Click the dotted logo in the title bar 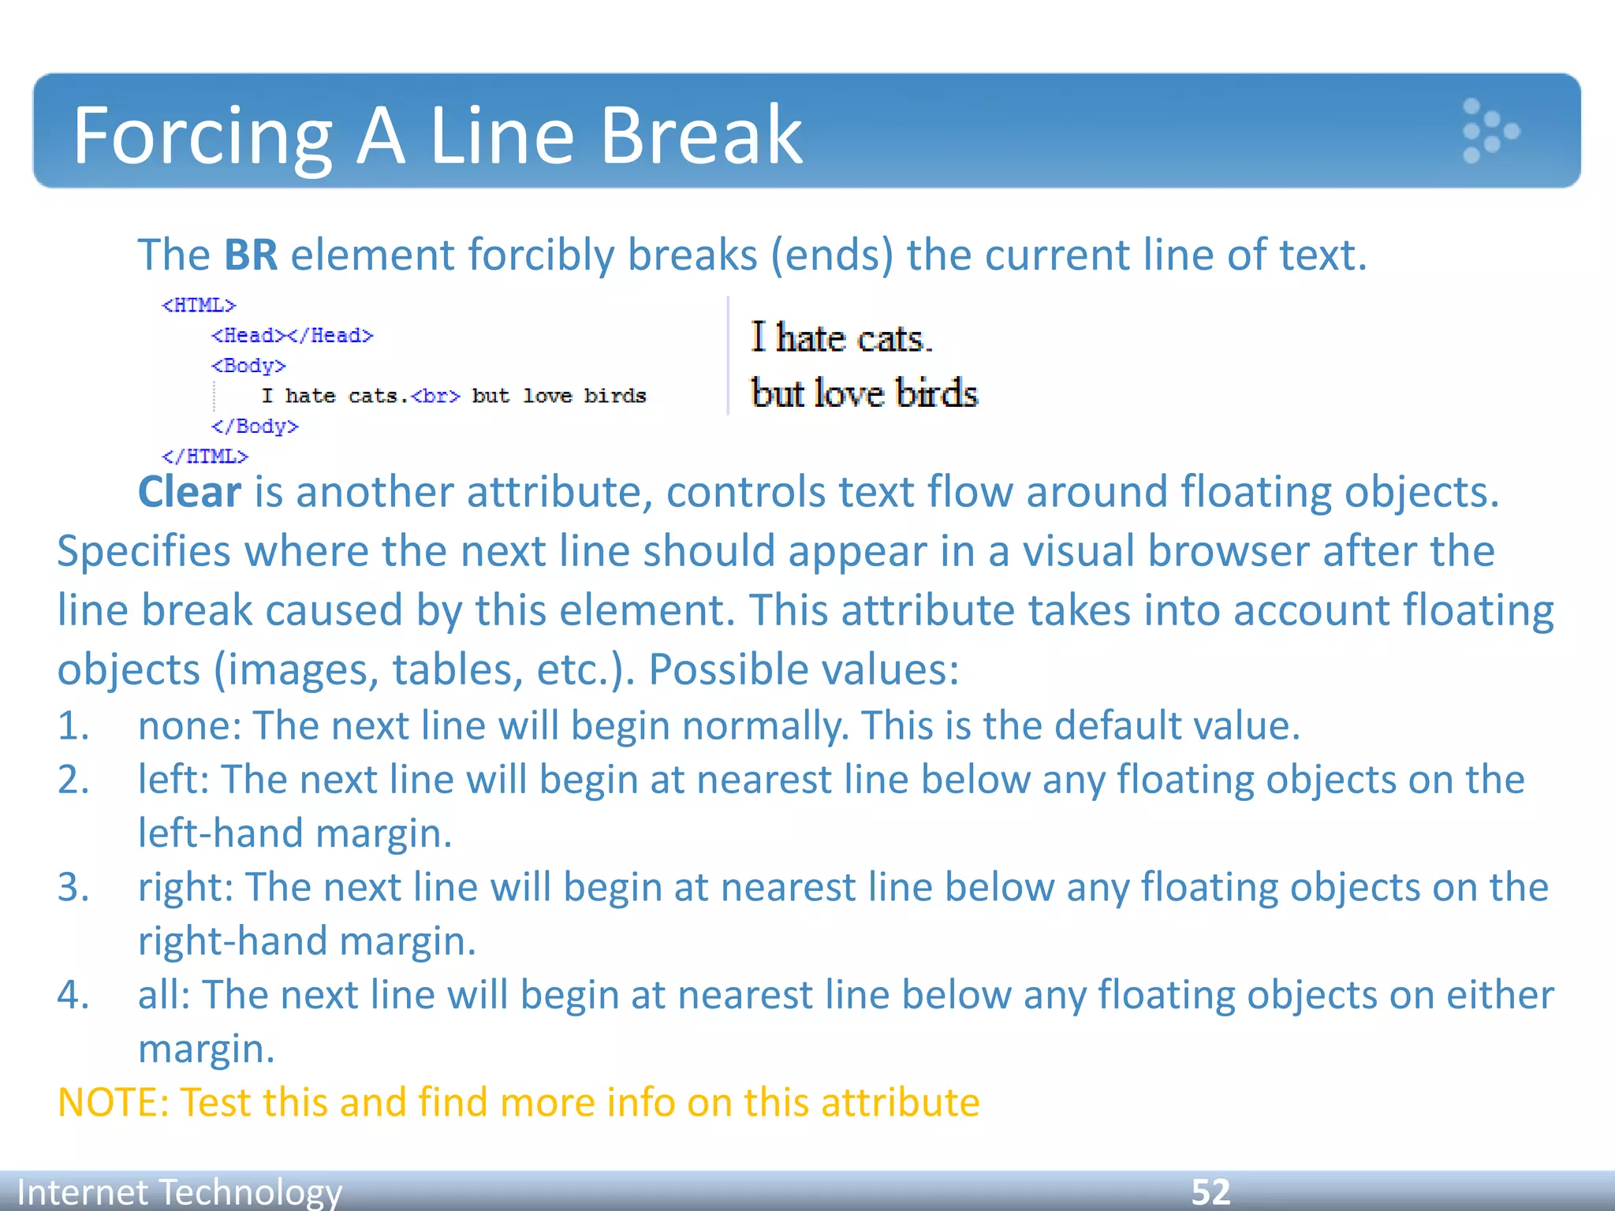[x=1489, y=131]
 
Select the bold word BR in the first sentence [x=251, y=255]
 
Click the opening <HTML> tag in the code [x=199, y=305]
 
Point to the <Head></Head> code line [x=292, y=336]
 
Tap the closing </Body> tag [x=255, y=427]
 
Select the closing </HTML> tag [x=205, y=456]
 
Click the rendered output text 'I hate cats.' [x=841, y=338]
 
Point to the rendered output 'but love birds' [x=864, y=393]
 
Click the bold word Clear [x=189, y=493]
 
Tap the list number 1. [x=73, y=725]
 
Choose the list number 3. [x=73, y=887]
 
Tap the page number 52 [x=1210, y=1192]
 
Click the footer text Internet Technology [x=180, y=1192]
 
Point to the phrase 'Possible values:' [x=804, y=669]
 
